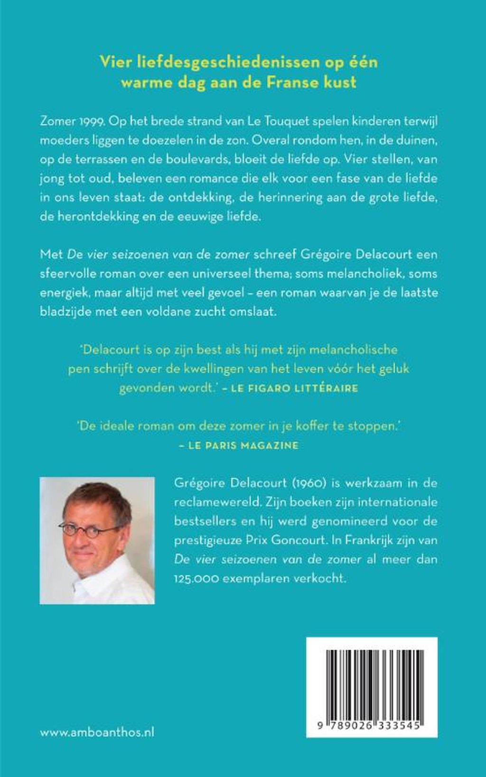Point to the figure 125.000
(191, 579)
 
